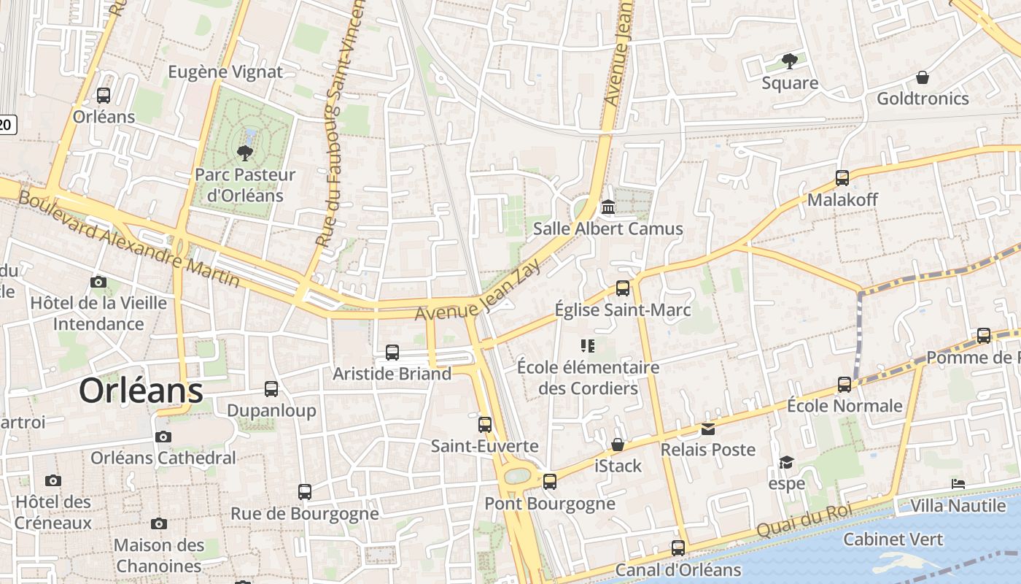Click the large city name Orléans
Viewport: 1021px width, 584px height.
141,391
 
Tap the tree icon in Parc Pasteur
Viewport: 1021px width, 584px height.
244,153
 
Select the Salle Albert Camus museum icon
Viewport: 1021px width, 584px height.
607,207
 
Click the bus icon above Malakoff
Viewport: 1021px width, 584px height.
842,177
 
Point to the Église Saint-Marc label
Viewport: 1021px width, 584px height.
622,310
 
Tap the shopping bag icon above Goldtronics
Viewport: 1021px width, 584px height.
923,77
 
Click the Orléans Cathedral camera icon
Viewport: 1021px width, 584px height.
163,437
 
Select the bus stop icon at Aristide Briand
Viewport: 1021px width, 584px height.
392,353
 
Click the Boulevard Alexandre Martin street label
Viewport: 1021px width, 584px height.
128,239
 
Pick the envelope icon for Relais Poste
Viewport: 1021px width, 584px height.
708,429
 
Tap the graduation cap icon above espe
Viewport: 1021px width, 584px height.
786,462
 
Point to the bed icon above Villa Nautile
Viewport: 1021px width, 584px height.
958,484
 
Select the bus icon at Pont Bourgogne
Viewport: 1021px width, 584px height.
550,482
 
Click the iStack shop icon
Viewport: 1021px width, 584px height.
618,445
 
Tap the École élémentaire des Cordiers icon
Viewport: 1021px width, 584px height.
588,345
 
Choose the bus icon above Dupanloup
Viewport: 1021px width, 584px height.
271,389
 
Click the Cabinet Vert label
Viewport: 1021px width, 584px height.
893,539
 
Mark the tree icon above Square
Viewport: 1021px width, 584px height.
789,61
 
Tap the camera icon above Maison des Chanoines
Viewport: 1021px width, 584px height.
159,523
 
